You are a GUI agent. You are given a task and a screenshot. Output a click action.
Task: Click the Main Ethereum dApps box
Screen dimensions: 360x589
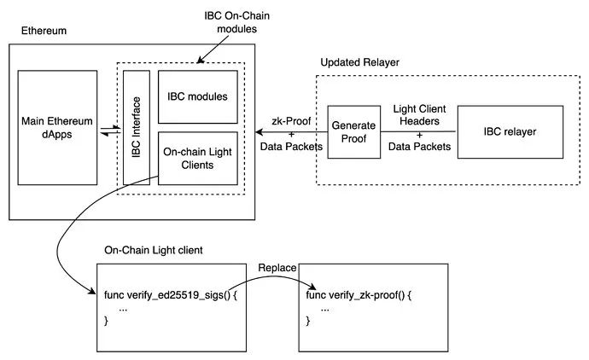coord(57,129)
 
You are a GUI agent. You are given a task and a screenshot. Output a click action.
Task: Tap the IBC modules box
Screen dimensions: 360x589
coord(198,96)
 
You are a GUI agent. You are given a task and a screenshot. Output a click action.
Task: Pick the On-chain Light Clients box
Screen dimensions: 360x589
coord(198,158)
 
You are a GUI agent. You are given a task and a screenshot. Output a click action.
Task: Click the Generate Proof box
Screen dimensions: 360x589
coord(353,132)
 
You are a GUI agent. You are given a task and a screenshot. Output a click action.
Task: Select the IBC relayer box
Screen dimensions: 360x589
coord(510,131)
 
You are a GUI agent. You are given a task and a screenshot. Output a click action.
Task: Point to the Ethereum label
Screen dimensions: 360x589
coord(44,31)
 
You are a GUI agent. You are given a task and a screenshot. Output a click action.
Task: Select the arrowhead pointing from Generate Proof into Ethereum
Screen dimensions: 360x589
coord(259,132)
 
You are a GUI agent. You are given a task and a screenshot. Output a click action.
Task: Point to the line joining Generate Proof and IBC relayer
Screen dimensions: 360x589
coord(418,132)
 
